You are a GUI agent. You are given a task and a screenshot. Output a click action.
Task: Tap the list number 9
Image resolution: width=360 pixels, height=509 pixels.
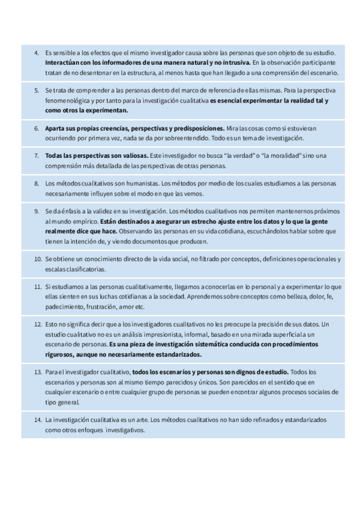click(36, 211)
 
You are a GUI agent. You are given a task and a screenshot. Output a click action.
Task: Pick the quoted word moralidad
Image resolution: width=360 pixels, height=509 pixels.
click(274, 155)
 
